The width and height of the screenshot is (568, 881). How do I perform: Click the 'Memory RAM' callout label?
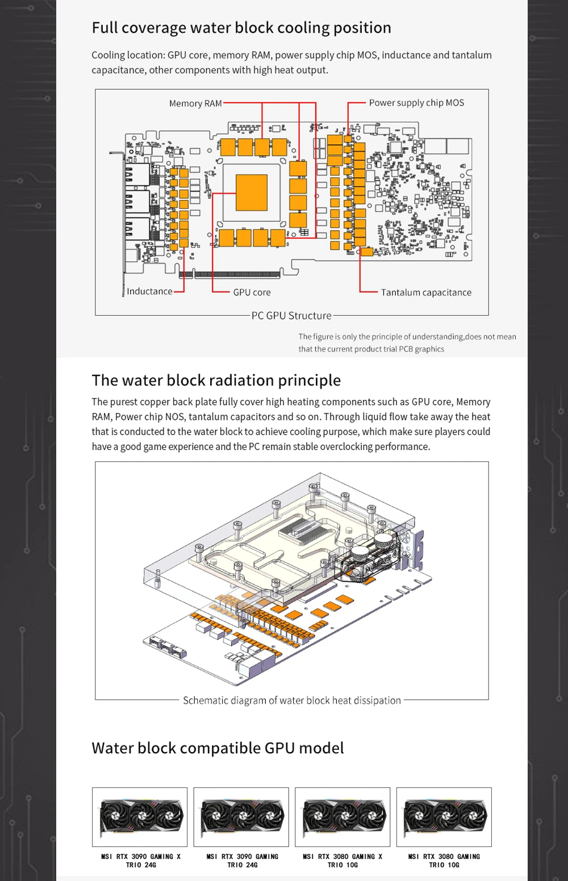tap(195, 103)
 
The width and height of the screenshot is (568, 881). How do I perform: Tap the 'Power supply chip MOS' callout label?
tap(416, 103)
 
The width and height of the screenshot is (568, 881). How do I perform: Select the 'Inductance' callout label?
tap(149, 291)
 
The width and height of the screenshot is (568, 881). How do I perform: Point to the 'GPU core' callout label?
tap(252, 293)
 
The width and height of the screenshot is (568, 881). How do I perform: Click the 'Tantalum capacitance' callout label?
tap(426, 293)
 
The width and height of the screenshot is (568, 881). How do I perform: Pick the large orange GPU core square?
tap(251, 193)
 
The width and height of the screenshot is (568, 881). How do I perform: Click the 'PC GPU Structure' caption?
tap(291, 316)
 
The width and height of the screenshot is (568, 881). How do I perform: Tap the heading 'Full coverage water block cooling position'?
tap(241, 28)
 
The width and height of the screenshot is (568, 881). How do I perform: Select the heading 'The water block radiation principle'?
tap(216, 380)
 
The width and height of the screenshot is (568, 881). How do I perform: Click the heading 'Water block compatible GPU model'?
tap(218, 748)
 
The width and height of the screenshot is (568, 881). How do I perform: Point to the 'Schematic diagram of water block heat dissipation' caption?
tap(292, 700)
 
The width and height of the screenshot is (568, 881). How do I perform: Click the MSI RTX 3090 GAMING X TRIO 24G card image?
tap(140, 817)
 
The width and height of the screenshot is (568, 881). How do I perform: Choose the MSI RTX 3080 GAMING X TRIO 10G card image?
tap(343, 817)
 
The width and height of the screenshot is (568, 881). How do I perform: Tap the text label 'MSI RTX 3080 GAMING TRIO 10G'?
tap(444, 861)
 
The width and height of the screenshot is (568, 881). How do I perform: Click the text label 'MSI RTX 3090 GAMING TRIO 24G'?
tap(243, 861)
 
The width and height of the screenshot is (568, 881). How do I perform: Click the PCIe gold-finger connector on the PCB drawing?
tap(237, 274)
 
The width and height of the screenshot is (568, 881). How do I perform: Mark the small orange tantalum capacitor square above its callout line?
tap(367, 252)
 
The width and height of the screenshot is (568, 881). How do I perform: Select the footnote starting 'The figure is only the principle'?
tap(407, 343)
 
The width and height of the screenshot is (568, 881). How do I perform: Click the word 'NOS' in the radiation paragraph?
tap(175, 417)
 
